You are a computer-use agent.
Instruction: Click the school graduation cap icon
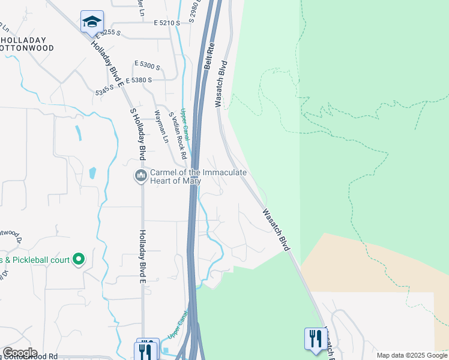coord(92,22)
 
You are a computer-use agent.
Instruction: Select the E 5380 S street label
coord(151,79)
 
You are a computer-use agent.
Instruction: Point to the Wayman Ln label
coord(161,127)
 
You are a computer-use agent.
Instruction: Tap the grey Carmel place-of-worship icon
coord(141,176)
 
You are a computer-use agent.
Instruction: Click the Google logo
coord(20,353)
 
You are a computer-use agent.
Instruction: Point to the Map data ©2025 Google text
coord(412,355)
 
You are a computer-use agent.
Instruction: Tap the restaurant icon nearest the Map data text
coord(313,338)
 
